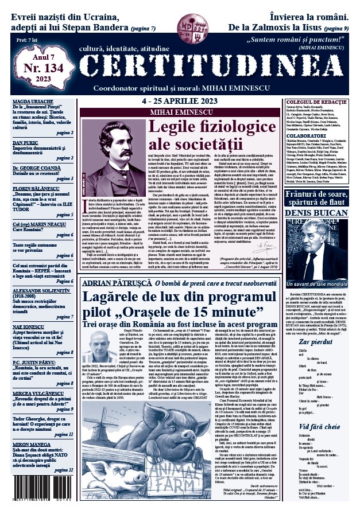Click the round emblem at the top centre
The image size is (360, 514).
pyautogui.click(x=188, y=24)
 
